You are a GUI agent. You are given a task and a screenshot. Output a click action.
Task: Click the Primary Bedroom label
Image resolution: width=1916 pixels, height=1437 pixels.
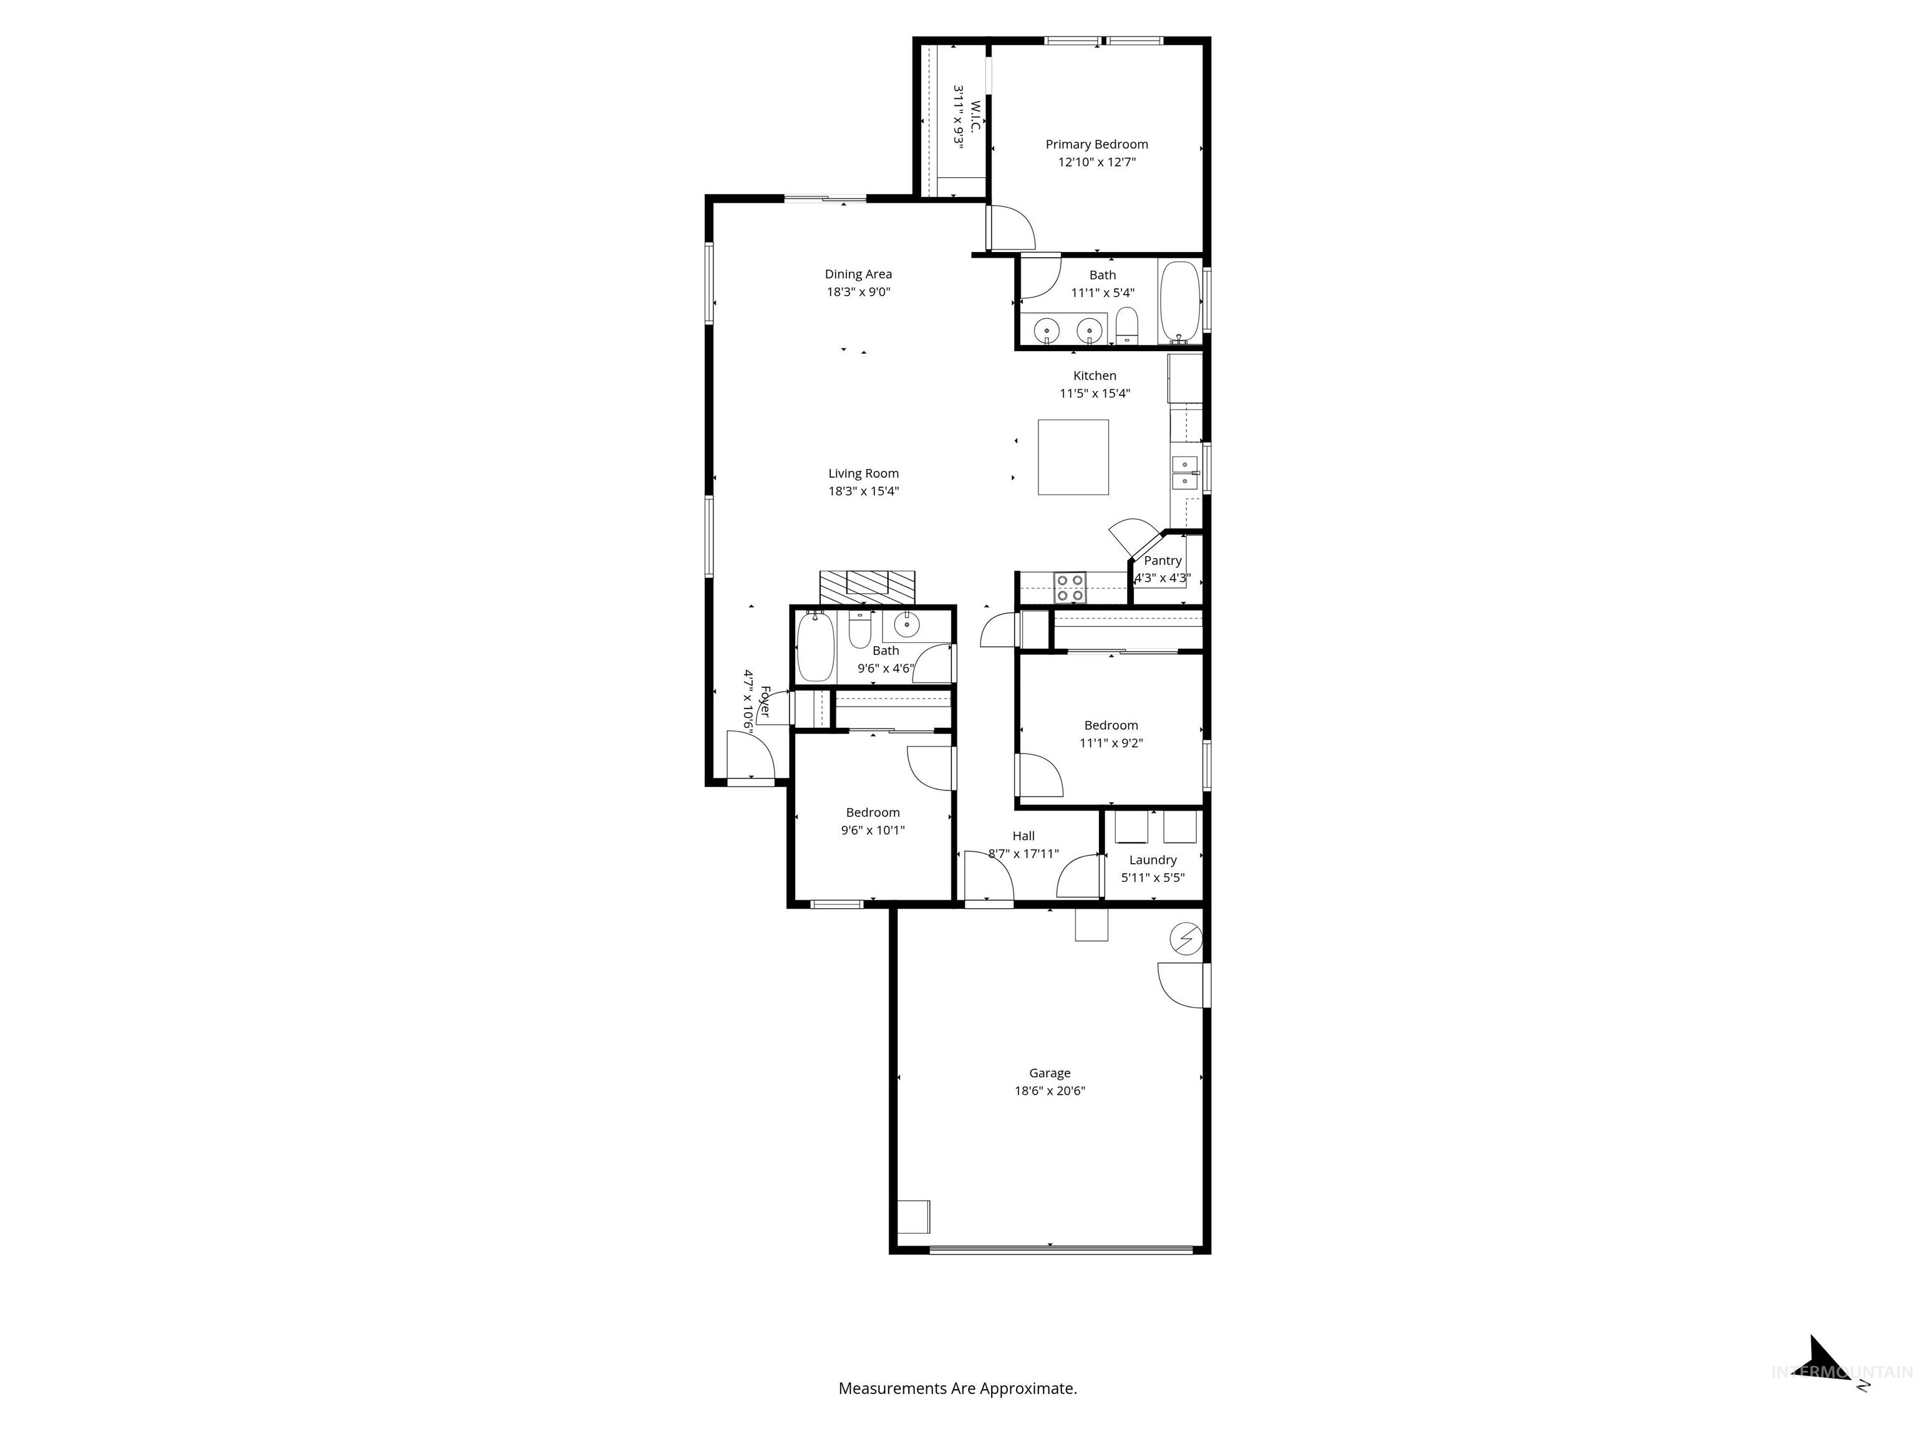tap(1096, 145)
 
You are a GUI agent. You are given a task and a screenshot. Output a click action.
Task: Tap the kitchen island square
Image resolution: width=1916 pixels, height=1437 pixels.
tap(1073, 457)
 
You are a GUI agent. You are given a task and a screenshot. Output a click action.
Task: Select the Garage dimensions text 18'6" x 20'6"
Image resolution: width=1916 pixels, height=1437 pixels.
tap(1050, 1090)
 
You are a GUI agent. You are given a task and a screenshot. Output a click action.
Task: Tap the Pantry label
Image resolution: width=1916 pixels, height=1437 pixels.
tap(1163, 561)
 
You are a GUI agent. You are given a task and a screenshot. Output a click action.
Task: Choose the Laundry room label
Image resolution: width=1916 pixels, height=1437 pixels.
tap(1153, 860)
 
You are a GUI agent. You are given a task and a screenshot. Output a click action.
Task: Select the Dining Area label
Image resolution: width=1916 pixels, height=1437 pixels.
tap(858, 274)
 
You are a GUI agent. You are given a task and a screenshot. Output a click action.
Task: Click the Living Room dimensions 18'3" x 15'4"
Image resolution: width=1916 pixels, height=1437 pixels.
tap(864, 491)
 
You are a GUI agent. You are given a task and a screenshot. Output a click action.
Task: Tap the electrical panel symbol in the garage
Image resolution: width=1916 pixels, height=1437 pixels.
tap(1186, 938)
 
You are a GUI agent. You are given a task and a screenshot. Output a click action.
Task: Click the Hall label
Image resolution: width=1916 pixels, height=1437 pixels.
tap(1023, 836)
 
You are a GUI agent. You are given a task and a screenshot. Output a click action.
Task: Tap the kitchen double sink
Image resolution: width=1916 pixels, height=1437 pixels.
tap(1184, 472)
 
